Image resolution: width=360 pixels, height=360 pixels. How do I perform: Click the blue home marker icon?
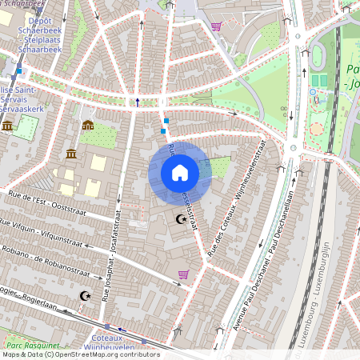[x=180, y=173]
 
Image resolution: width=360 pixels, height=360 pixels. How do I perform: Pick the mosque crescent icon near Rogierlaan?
[x=83, y=296]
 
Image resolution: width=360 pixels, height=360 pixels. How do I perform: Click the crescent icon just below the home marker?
[x=181, y=218]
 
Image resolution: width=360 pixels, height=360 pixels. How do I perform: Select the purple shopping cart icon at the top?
[x=216, y=26]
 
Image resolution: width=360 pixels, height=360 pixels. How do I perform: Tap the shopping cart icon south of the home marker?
[x=183, y=274]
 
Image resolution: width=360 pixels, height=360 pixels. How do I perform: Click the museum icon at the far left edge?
[x=7, y=126]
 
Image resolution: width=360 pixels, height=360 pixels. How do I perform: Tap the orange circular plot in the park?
[x=317, y=128]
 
